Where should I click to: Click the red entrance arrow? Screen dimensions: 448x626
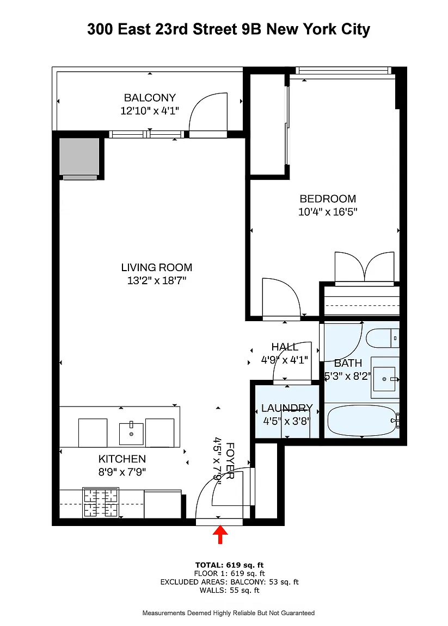[x=220, y=535]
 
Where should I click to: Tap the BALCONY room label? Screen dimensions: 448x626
[x=150, y=98]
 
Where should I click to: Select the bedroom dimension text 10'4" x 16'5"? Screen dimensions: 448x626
[x=328, y=212]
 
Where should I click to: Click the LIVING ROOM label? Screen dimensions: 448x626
[x=157, y=267]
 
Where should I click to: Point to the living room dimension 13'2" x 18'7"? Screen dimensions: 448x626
[x=157, y=280]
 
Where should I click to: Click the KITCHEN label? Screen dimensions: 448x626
[x=122, y=459]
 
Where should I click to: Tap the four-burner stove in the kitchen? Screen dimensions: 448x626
[x=101, y=503]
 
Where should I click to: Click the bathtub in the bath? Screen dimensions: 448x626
[x=362, y=421]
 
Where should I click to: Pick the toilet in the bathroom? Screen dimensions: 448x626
[x=383, y=338]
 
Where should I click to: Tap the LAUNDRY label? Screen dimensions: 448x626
[x=287, y=408]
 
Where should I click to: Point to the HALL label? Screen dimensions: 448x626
[x=285, y=347]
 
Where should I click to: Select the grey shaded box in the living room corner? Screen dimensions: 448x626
[x=79, y=156]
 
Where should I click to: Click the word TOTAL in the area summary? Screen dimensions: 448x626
[x=209, y=565]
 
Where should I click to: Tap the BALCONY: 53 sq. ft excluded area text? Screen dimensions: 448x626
[x=263, y=582]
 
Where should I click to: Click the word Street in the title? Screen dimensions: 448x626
[x=215, y=29]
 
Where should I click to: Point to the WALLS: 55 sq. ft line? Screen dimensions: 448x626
[x=230, y=591]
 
